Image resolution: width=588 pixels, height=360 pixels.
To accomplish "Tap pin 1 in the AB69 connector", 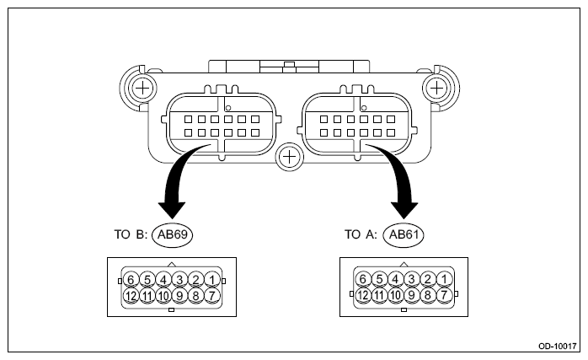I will click(x=211, y=279).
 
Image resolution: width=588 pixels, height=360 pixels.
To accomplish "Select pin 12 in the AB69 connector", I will click(x=131, y=295).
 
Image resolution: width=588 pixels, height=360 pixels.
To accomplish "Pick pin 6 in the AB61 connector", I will click(x=363, y=279).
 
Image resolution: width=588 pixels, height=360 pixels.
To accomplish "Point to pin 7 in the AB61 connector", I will click(x=444, y=295).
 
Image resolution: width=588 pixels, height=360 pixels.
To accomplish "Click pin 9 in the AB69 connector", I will click(x=179, y=295).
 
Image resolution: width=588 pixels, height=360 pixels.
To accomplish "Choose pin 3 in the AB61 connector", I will click(x=412, y=279).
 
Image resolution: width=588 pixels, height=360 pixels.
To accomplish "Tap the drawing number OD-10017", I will click(x=557, y=347).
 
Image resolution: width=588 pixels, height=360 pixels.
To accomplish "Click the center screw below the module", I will click(x=289, y=156).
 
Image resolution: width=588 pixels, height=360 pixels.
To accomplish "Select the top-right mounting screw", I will click(x=436, y=87).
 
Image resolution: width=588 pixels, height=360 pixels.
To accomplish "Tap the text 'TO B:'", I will click(x=131, y=236).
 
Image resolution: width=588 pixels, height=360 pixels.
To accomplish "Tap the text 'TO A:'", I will click(x=363, y=236).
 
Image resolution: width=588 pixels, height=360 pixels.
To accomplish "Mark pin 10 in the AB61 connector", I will click(x=396, y=295).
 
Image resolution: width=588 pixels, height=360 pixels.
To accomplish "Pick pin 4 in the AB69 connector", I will click(x=163, y=279).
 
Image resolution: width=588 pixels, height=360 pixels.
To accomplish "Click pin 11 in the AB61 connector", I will click(x=380, y=295).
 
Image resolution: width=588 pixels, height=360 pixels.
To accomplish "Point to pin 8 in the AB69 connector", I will click(x=195, y=295).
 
